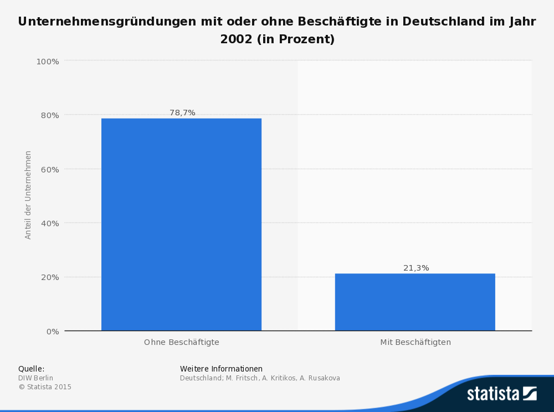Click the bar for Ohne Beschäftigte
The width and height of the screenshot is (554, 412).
point(181,224)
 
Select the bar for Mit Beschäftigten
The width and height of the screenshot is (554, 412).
point(415,302)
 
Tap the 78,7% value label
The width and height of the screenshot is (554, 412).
point(182,113)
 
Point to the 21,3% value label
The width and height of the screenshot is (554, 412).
point(416,268)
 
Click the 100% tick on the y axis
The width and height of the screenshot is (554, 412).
point(48,61)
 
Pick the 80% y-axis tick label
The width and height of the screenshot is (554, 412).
point(49,115)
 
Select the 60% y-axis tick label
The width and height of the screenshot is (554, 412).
point(49,169)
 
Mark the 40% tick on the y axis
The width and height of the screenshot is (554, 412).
point(49,223)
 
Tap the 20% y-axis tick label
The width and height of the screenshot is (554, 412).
point(49,277)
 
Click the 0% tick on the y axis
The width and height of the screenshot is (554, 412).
point(52,332)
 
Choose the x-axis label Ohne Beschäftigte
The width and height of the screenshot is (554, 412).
point(182,342)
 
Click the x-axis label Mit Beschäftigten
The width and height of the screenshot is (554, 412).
point(416,342)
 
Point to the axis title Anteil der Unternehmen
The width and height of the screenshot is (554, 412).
point(28,195)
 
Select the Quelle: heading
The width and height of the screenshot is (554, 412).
point(31,369)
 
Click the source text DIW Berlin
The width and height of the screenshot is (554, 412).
point(35,378)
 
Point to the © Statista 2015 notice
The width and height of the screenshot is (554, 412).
point(45,387)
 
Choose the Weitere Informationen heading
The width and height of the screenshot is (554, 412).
point(221,369)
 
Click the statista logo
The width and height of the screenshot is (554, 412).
point(501,394)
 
